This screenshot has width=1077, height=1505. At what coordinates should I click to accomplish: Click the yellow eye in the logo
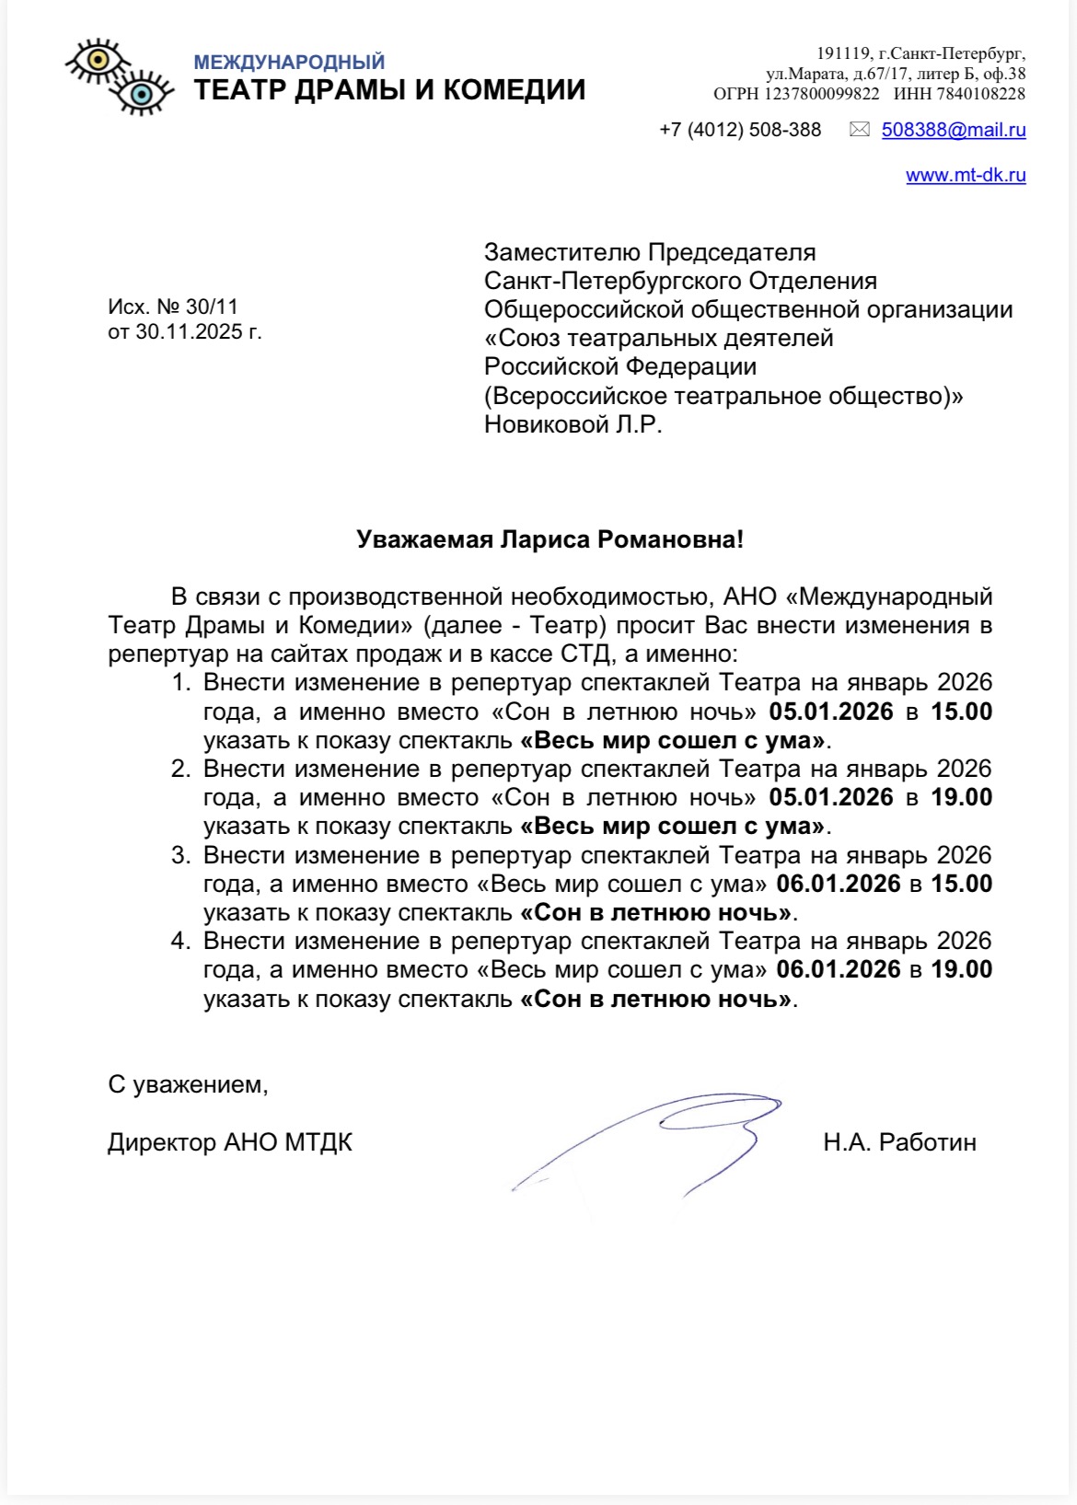point(98,62)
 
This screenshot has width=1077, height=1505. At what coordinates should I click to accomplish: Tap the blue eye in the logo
point(141,93)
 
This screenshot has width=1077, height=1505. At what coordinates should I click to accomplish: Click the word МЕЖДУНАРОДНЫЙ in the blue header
point(289,63)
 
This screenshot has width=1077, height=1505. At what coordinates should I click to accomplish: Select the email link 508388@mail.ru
point(954,130)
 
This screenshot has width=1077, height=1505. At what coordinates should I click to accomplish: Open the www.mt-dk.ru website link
point(966,175)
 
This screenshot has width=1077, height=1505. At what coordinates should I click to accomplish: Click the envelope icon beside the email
point(859,130)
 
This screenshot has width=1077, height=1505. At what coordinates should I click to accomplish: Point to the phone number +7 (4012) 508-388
point(740,130)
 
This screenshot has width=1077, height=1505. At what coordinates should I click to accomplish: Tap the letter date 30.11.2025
point(189,331)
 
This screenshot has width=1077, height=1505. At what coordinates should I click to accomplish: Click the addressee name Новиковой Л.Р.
point(573,424)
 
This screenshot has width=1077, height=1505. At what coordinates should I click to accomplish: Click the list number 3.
point(180,855)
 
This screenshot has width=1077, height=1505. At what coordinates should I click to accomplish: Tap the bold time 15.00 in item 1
point(961,712)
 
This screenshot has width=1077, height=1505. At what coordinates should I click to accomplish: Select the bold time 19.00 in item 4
point(961,969)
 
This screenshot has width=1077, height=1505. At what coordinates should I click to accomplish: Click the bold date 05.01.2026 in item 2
point(831,797)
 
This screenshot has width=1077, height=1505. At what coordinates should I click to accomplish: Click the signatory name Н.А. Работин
point(899,1142)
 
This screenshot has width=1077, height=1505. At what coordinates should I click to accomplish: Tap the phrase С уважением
point(187,1084)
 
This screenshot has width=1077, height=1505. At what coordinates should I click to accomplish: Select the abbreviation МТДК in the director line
point(318,1142)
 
